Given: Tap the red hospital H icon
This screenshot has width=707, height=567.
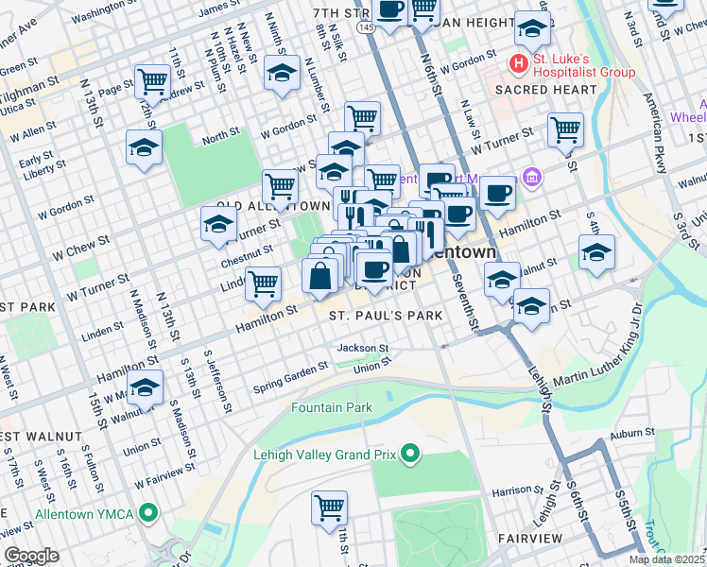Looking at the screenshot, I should (517, 64).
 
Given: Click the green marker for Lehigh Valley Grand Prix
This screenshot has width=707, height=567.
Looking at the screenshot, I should (409, 455).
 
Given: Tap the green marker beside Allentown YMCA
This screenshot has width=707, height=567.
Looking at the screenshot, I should (147, 515).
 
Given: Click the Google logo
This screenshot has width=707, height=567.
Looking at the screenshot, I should (31, 555).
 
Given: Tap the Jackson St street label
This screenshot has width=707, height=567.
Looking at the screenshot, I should (364, 349).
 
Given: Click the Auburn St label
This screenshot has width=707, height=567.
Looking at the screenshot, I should (632, 432).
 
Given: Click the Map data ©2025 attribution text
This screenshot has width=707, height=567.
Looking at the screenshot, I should (666, 559).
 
